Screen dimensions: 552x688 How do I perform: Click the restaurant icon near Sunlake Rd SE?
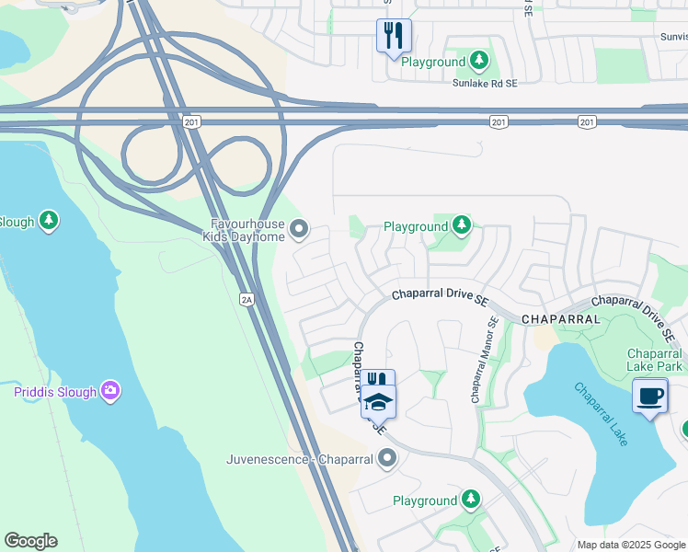coord(394,36)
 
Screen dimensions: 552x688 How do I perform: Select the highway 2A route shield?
coord(246,299)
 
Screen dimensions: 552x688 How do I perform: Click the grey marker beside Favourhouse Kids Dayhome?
coord(299,227)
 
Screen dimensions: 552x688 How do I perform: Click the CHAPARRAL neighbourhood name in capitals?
coord(560,318)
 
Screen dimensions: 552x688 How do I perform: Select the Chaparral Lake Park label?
coord(654,360)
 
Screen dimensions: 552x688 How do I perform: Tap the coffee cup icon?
coord(650,396)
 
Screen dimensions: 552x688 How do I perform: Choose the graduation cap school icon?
coord(378,402)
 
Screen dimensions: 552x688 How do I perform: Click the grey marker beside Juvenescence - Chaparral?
coord(387,457)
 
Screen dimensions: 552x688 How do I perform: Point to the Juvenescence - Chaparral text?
coord(302,458)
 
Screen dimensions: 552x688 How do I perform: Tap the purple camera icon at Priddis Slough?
coord(111,392)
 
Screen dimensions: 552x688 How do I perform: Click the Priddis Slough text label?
coord(55,392)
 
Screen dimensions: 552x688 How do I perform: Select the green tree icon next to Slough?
coord(49,221)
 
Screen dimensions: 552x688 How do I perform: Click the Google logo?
coord(30,541)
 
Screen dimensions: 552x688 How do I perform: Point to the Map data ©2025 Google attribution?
coord(630,545)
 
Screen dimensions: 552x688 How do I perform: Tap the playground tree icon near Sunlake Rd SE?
coord(478,61)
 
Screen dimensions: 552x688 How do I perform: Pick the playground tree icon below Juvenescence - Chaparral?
coord(471,500)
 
